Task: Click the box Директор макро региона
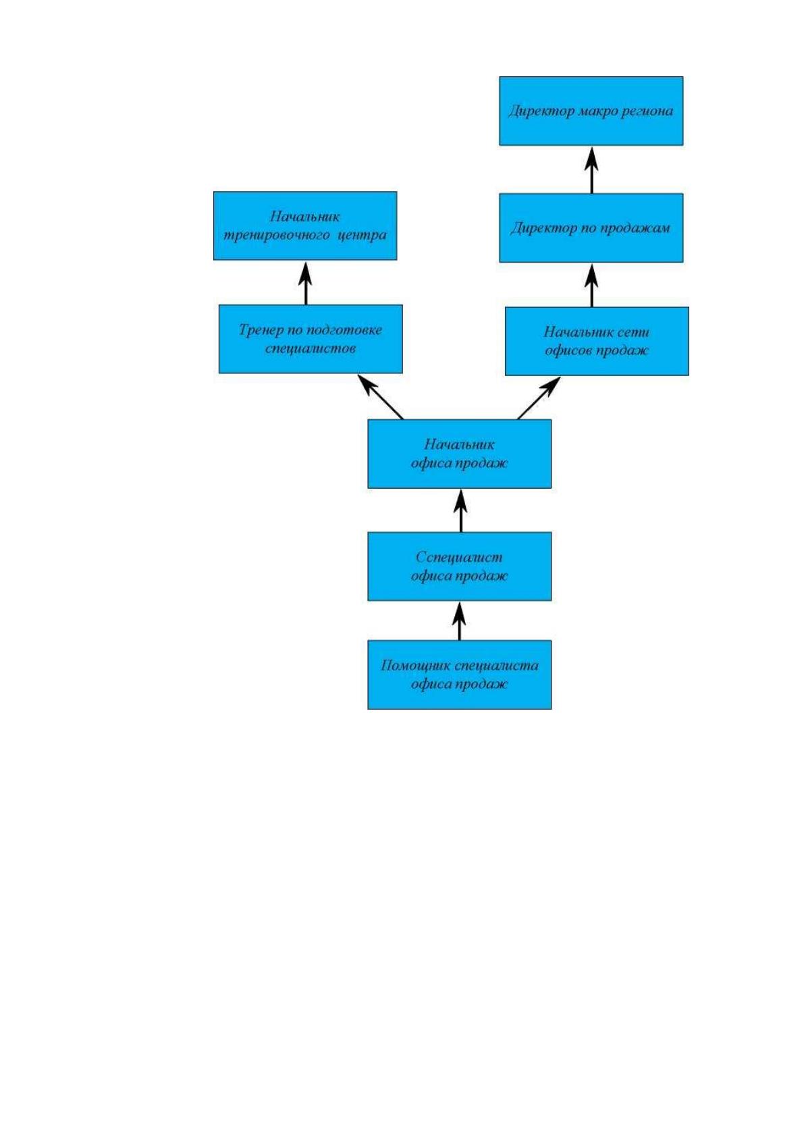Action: pyautogui.click(x=591, y=111)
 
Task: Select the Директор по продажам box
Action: pyautogui.click(x=591, y=228)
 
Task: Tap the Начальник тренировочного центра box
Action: pyautogui.click(x=305, y=226)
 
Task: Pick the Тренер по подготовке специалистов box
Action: pyautogui.click(x=311, y=339)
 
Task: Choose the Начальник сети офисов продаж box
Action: pyautogui.click(x=597, y=341)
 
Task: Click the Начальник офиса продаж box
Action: pyautogui.click(x=459, y=454)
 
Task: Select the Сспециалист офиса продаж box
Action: pyautogui.click(x=459, y=566)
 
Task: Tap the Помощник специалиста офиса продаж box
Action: pyautogui.click(x=459, y=675)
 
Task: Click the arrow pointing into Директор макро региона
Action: pyautogui.click(x=592, y=169)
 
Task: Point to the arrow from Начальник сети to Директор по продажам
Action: pyautogui.click(x=592, y=285)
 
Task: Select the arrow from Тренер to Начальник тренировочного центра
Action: pyautogui.click(x=306, y=283)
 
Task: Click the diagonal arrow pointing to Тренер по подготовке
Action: pyautogui.click(x=381, y=396)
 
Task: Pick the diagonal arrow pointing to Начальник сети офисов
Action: pyautogui.click(x=539, y=398)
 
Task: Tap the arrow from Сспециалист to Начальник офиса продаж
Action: pyautogui.click(x=461, y=510)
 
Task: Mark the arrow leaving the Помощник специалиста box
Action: pyautogui.click(x=460, y=620)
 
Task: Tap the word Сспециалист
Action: pyautogui.click(x=459, y=557)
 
